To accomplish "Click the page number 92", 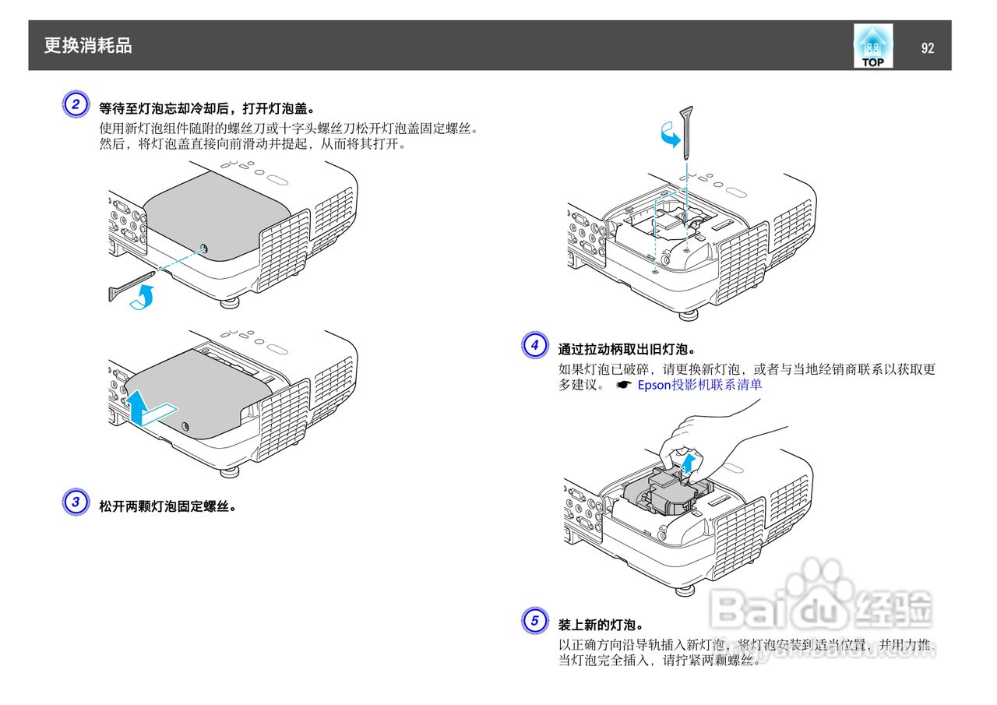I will click(927, 48).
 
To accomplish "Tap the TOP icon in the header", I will click(872, 47).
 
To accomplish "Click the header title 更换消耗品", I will click(88, 46).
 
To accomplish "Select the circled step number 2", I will click(75, 105).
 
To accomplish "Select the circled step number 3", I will click(75, 502).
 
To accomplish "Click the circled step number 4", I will click(534, 345).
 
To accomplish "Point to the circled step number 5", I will click(534, 621).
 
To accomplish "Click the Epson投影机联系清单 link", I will click(699, 385).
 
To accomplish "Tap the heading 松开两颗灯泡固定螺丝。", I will click(167, 506).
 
